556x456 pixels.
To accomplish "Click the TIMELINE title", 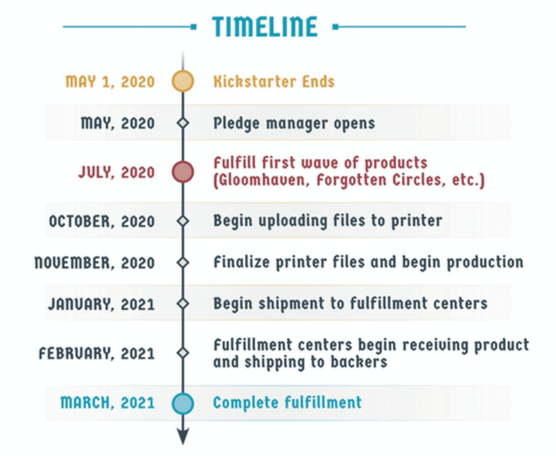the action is click(265, 27).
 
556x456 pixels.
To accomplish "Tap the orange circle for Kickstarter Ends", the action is click(183, 81).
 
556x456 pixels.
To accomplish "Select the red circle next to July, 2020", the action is click(183, 172).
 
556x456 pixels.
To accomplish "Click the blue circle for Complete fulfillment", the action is click(183, 404).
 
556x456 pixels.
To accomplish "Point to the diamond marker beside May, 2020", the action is click(183, 123).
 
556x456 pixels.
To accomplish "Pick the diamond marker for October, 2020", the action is click(183, 221).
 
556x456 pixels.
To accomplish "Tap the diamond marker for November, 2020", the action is click(183, 262).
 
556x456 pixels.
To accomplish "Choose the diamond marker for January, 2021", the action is click(183, 304).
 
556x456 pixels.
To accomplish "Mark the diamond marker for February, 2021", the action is click(183, 353).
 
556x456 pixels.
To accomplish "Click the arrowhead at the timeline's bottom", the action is click(183, 436).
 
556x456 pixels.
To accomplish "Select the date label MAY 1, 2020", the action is click(110, 82).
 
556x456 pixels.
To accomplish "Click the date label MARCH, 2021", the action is click(107, 403).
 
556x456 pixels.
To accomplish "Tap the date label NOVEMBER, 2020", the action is click(94, 263).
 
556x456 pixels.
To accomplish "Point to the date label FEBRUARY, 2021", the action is click(97, 354).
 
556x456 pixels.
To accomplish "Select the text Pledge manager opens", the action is click(294, 124).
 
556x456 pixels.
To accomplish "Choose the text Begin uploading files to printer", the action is click(328, 221).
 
